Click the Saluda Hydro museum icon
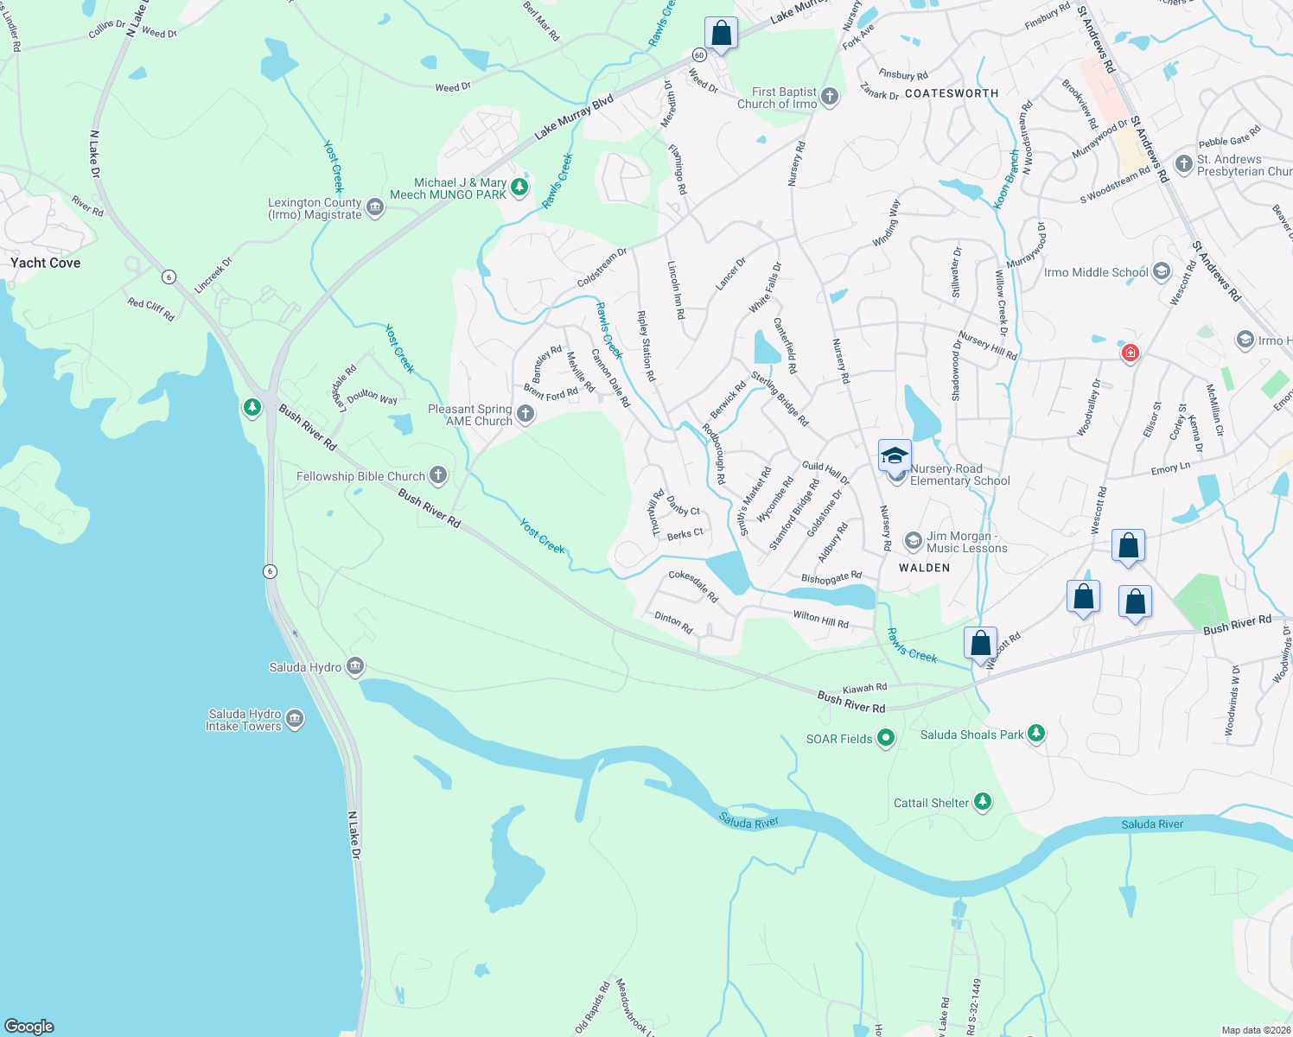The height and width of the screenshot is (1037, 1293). pos(354,666)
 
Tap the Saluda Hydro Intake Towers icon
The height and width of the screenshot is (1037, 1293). pos(295,720)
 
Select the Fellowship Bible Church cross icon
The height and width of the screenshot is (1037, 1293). pos(438,475)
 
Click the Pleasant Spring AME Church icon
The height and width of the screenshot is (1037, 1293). pos(525,415)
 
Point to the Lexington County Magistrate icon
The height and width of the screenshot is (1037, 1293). pos(374,207)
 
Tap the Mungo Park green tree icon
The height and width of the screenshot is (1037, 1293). pos(519,187)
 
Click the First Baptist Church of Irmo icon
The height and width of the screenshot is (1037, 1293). pos(830,97)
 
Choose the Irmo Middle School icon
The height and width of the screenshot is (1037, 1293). pos(1161,272)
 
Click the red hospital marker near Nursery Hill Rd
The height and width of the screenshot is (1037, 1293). pos(1130,353)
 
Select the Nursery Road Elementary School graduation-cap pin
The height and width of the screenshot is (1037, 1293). pos(895,455)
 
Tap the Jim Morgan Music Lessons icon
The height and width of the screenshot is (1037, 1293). pos(913,541)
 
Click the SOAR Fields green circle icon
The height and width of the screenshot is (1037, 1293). pos(885,738)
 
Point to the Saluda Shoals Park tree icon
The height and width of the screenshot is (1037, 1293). pos(1036,734)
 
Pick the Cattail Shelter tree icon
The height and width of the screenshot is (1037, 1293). pos(982,802)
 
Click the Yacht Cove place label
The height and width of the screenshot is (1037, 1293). pos(46,263)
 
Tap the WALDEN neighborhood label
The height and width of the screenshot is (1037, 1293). pos(924,568)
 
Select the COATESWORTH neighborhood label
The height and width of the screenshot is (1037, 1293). pos(951,93)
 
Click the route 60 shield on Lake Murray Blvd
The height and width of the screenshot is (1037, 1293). pos(699,54)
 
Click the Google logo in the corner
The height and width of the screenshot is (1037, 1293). pos(29,1026)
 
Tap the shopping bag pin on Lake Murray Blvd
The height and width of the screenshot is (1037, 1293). pos(721,34)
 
